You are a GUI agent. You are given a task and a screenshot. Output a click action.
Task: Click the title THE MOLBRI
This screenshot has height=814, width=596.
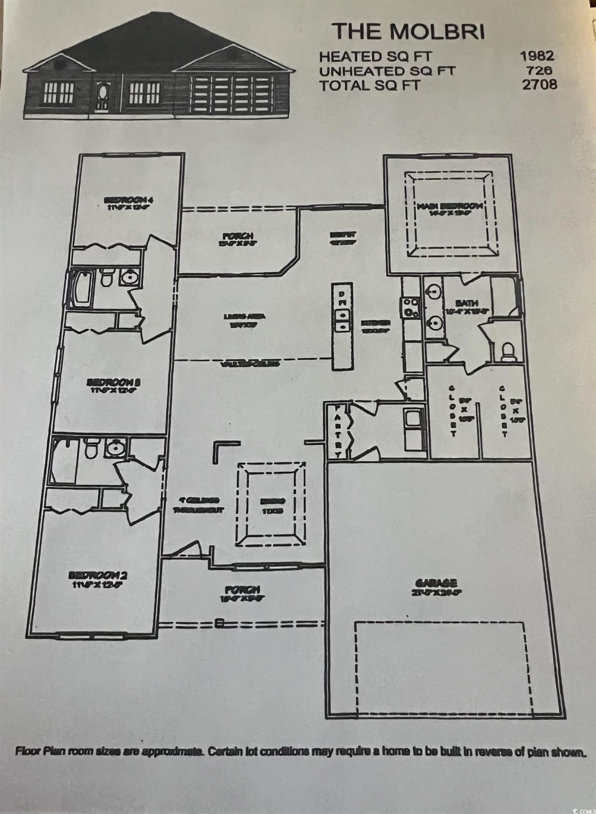408,32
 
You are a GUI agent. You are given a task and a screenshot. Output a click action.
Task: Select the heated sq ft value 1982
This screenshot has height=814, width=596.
537,56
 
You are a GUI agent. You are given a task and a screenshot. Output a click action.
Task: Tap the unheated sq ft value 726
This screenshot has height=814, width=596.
540,71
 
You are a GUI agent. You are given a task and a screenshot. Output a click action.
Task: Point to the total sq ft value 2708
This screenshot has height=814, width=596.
540,85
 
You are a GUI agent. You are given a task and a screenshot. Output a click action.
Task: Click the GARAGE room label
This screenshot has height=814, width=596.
436,583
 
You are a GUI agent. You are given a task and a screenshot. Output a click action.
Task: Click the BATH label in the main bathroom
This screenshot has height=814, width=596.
467,303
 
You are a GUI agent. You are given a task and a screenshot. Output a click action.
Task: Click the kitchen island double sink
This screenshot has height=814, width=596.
342,321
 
